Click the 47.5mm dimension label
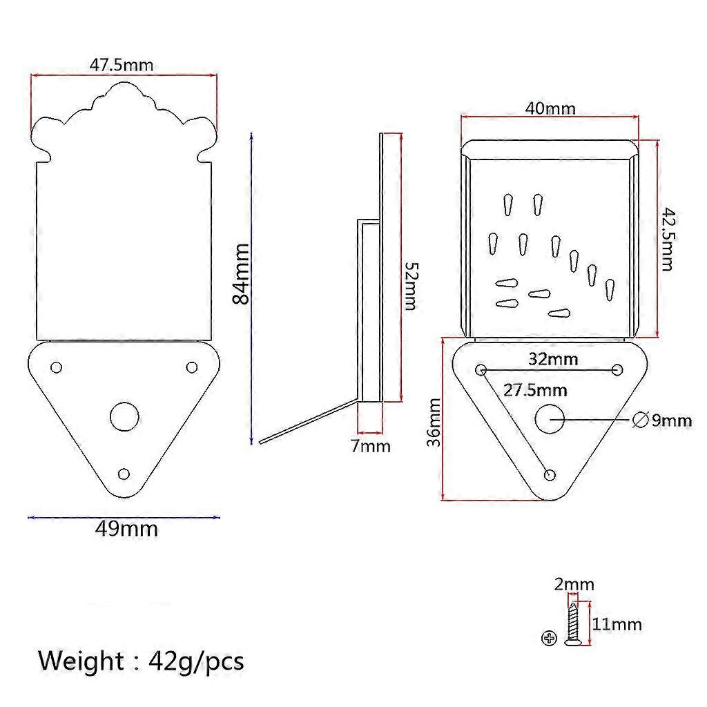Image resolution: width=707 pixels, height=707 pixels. click(x=122, y=65)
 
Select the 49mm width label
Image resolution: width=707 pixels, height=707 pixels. click(x=126, y=529)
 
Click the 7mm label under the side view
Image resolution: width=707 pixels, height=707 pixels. click(x=371, y=446)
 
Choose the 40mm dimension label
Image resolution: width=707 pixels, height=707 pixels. click(x=550, y=108)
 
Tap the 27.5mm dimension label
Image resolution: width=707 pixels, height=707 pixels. click(x=535, y=390)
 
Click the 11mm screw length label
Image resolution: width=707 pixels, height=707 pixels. click(x=617, y=624)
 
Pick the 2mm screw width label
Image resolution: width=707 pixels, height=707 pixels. click(x=574, y=585)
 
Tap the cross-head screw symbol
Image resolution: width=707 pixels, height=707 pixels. click(x=549, y=638)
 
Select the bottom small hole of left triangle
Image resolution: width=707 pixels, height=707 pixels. click(x=124, y=474)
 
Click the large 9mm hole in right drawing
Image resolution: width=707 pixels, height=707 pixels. click(x=550, y=418)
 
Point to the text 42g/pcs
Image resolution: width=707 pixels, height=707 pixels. click(x=196, y=661)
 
